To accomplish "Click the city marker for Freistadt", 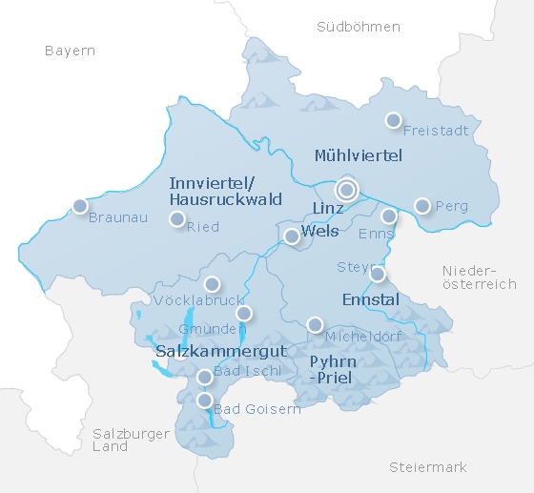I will point(393,120).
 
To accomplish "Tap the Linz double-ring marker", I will point(346,190).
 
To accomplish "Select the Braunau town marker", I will point(80,206).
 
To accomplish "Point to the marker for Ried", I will point(176,219).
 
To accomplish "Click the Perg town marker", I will point(422,205).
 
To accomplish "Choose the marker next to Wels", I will point(292,236).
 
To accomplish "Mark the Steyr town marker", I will point(378,275).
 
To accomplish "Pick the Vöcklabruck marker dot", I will point(212,284).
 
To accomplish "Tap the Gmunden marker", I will point(244,313).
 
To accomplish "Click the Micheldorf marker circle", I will point(315,325).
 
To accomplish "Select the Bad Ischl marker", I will point(204,378).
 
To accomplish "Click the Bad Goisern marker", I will point(204,400).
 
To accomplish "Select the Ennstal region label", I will point(370,299).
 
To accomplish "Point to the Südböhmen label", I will point(358,27).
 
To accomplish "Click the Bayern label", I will point(70,51).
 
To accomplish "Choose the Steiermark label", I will point(428,466).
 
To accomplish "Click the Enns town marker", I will point(389,216).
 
